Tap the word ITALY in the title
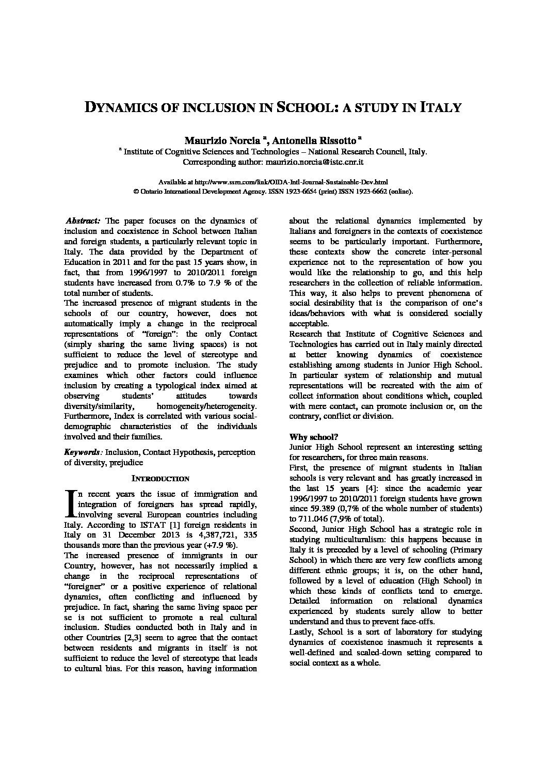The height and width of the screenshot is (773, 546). click(440, 108)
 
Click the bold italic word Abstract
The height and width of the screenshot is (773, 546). click(84, 220)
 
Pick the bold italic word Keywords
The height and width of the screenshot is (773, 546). click(83, 452)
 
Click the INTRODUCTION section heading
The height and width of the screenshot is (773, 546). click(160, 479)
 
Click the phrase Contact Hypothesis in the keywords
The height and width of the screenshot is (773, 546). click(178, 452)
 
